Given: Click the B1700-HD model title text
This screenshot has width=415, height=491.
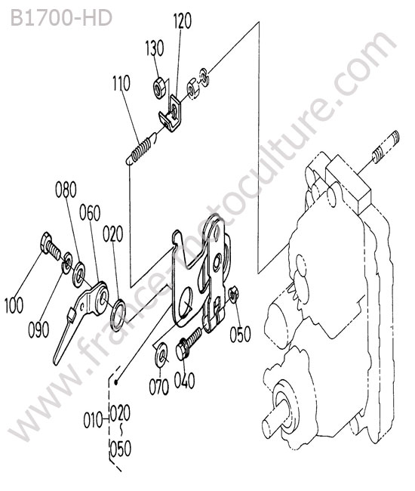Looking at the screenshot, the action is coord(61,17).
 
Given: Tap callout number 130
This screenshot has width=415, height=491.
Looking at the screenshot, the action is coord(155,48).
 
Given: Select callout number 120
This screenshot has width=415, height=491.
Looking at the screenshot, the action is coord(183,21).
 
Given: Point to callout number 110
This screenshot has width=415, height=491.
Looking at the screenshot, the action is coord(121,83).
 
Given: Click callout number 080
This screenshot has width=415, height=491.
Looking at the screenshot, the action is coord(66,190).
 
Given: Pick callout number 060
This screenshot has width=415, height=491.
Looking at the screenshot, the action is coord(90,212).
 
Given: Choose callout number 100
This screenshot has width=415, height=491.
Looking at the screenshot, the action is coord(14,305).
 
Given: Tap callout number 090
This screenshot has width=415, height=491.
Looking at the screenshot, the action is coord(38,330).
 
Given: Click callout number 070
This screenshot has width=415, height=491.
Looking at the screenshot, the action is coord(159,387).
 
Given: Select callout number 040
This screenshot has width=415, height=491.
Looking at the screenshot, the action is coord(184,381).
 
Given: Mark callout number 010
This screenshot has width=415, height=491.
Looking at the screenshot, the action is coord(93,420).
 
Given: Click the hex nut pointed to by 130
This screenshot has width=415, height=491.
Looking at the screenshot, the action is coord(160,88).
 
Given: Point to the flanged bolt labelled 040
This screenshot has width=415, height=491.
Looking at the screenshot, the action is coord(189,344).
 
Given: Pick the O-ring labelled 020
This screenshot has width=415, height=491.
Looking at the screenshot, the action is coord(118,315).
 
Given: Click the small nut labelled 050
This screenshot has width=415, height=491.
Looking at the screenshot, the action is coord(233,295).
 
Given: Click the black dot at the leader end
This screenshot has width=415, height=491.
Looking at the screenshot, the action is coord(116,381).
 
